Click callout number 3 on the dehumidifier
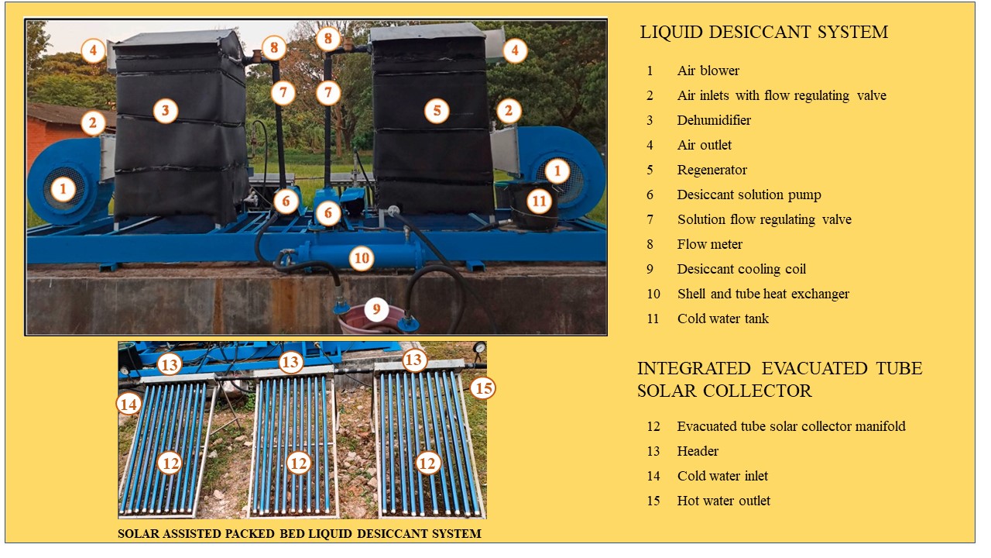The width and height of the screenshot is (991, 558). [166, 110]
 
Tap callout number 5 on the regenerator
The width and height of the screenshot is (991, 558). [437, 110]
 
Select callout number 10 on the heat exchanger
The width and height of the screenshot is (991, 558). [362, 258]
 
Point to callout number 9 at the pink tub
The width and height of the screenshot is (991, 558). [376, 308]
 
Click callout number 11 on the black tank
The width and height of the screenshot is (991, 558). [539, 201]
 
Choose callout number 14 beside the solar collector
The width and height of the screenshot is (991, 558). [129, 404]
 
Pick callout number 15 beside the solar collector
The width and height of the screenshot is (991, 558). [482, 388]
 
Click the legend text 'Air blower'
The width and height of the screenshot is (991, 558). [708, 71]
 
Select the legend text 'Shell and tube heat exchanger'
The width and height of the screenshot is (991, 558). [763, 294]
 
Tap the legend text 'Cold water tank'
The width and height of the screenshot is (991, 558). [723, 319]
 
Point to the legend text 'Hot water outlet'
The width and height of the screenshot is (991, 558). [723, 501]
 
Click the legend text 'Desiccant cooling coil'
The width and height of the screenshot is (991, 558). [741, 269]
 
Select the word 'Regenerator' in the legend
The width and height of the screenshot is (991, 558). [712, 170]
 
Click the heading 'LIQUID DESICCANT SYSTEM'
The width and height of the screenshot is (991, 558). [764, 32]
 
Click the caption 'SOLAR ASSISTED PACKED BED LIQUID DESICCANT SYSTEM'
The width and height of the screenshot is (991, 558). [300, 534]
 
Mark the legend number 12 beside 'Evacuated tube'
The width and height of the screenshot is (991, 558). [653, 426]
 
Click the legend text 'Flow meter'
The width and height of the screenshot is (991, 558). [710, 244]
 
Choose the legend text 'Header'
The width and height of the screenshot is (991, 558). [698, 451]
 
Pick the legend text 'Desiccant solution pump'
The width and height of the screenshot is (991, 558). [749, 195]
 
